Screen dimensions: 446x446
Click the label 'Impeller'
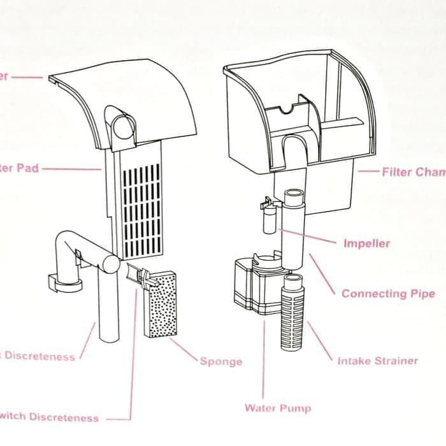pos(366,243)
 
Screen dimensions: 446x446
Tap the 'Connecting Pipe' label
pos(388,294)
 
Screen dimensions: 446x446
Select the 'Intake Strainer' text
pos(378,361)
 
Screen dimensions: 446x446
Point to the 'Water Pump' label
pos(278,408)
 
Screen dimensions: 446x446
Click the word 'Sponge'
pos(221,362)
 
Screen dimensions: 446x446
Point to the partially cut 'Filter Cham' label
pos(414,172)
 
